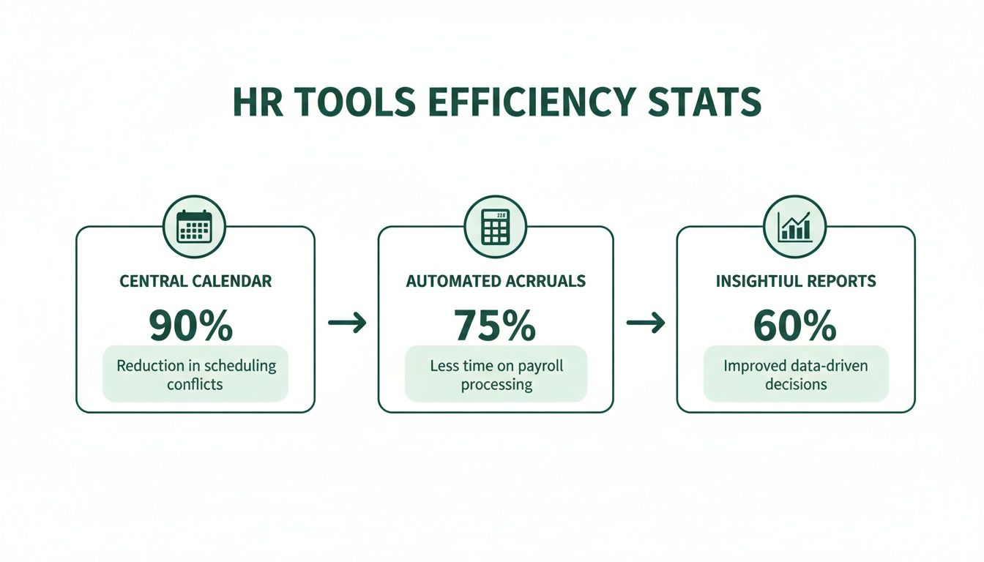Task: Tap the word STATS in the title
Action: tap(707, 103)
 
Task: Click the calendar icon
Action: tap(195, 226)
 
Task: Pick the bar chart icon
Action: tap(795, 226)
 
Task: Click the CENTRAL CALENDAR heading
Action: tap(195, 281)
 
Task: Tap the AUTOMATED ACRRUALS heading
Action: tap(496, 281)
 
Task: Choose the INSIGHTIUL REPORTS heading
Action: tap(796, 281)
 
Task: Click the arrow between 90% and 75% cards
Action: tap(346, 323)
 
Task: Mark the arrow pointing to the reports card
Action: tap(645, 323)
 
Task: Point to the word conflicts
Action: tap(195, 383)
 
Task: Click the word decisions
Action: tap(796, 383)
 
